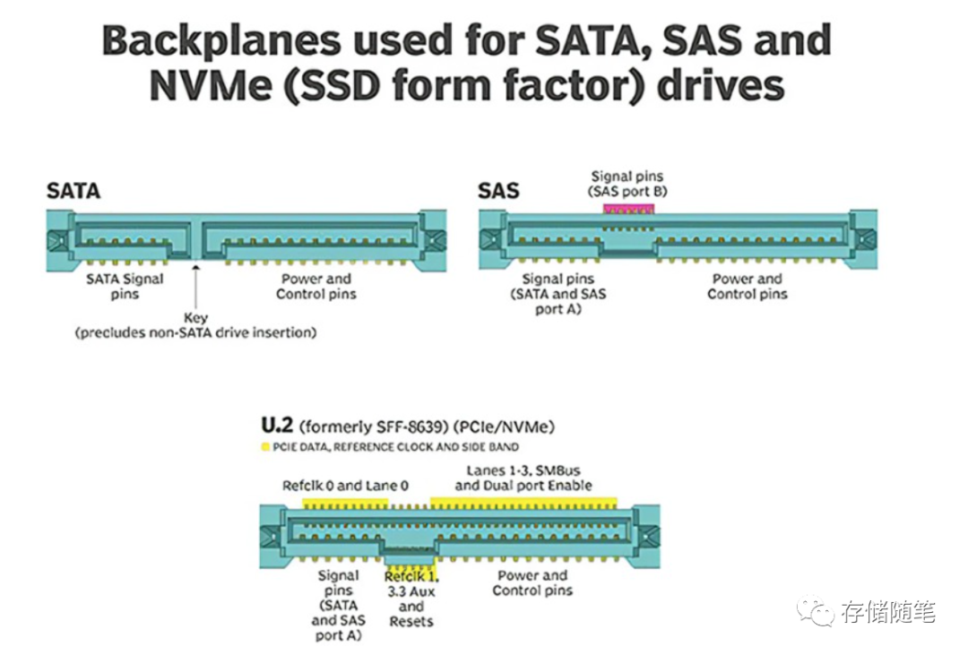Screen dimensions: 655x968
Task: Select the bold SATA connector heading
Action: point(73,191)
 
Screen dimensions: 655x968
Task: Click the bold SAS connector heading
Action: point(498,191)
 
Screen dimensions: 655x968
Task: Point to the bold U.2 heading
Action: point(278,425)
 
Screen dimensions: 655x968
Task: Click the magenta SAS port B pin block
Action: point(629,209)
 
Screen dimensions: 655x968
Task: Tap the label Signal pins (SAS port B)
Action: point(627,184)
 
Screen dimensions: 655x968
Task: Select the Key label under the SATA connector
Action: point(195,318)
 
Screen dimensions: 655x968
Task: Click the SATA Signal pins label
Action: point(125,286)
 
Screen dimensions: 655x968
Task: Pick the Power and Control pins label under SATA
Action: point(316,286)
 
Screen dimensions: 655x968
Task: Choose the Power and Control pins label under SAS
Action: point(748,286)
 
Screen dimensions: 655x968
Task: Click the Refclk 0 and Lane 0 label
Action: point(345,486)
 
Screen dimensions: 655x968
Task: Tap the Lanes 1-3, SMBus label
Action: point(523,478)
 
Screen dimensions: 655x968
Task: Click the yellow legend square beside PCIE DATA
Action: point(264,446)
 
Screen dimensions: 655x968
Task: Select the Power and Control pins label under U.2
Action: point(532,582)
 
